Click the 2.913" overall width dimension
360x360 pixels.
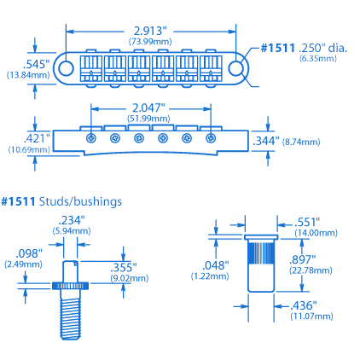[x=150, y=31]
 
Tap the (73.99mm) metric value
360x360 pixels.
[x=150, y=42]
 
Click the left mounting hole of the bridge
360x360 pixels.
[x=66, y=68]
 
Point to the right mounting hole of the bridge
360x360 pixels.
[x=236, y=68]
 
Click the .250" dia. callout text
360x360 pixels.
[x=323, y=48]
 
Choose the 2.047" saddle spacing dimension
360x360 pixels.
[x=148, y=108]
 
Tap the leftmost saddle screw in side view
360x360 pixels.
[x=91, y=138]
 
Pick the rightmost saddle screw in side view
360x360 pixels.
[x=211, y=138]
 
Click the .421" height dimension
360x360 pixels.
[x=37, y=138]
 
